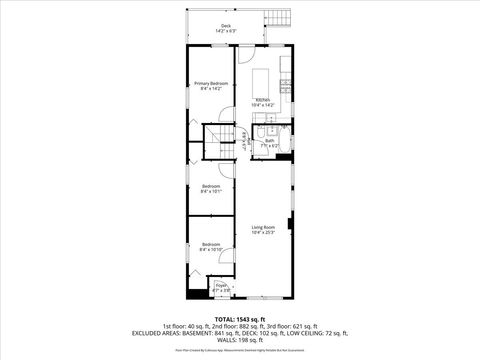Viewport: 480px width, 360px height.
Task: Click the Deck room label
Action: [x=225, y=26]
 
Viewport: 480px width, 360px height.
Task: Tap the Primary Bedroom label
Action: [x=211, y=82]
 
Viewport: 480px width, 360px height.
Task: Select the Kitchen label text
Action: [x=262, y=99]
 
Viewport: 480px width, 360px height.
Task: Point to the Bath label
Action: [x=270, y=140]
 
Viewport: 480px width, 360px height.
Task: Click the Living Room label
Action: [x=263, y=228]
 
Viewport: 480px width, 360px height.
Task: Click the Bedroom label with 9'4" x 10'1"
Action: [x=211, y=186]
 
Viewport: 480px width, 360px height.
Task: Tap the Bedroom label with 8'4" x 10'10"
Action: [x=211, y=244]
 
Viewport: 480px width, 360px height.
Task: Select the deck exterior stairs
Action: [x=275, y=19]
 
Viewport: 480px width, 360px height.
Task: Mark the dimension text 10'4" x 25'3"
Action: [x=263, y=234]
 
